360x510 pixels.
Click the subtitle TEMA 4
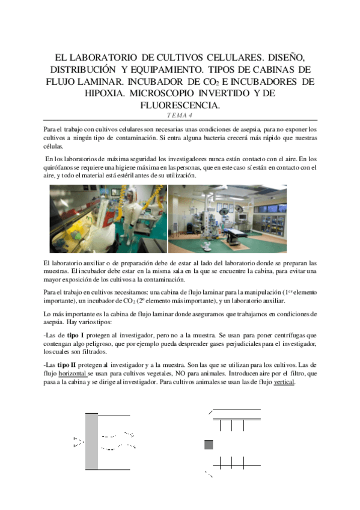(180, 116)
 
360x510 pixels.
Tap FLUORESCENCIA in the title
(180, 105)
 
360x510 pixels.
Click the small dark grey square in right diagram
(209, 445)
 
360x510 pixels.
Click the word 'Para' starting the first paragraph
(52, 130)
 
